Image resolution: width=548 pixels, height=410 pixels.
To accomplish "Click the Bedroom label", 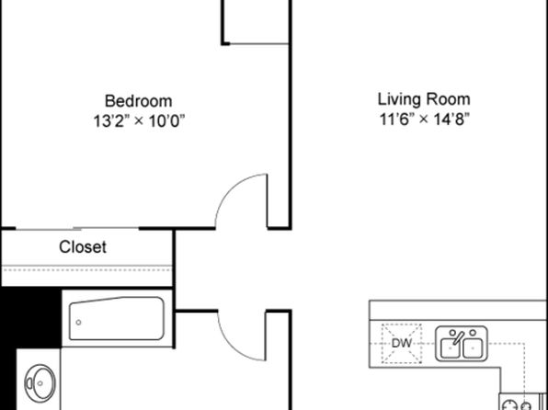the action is (139, 101).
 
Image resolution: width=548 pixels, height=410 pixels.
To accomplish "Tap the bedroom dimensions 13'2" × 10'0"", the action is (139, 121).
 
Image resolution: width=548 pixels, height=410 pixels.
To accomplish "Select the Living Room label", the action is (424, 99).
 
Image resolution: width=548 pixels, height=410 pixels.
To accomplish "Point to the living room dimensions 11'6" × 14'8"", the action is (424, 120).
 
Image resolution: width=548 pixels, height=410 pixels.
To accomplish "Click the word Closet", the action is (83, 247).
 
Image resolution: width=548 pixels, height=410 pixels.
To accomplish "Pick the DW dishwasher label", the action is (402, 343).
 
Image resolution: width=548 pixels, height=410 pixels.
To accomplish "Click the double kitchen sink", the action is (462, 344).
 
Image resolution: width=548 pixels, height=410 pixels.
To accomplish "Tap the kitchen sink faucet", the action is (458, 338).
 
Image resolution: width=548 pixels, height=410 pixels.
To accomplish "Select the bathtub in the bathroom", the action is (117, 318).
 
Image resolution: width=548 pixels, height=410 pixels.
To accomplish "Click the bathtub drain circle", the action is (79, 323).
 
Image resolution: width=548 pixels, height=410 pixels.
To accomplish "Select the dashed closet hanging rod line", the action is (86, 270).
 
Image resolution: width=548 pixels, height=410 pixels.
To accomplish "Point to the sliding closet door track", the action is (77, 229).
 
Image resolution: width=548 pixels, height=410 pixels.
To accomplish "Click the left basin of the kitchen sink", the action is (451, 348).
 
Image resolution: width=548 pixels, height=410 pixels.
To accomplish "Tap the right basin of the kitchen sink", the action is (473, 348).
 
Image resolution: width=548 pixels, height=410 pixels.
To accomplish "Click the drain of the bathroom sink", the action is (40, 383).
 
